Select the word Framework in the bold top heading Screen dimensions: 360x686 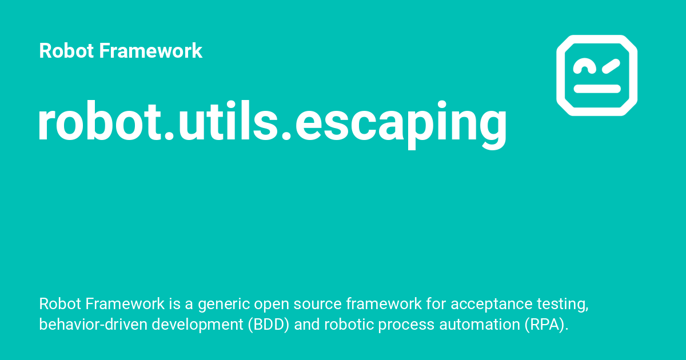point(150,51)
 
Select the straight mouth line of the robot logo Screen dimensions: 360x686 point(597,89)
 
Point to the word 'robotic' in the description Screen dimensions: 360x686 point(344,325)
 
